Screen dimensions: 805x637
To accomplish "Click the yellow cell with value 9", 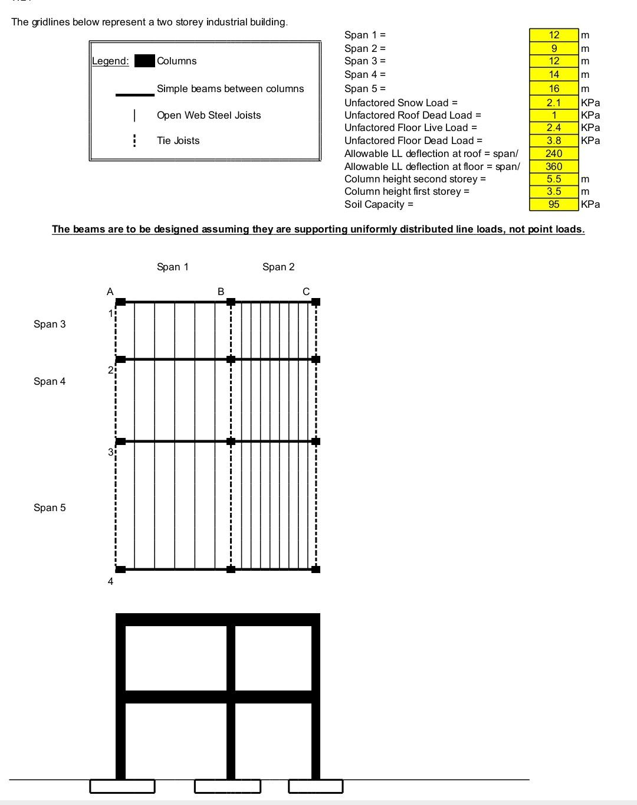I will (554, 48).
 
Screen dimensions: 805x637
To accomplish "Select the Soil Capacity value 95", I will (554, 204).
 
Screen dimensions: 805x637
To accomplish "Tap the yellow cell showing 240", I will (554, 153).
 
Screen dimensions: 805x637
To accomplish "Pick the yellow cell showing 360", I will (554, 166).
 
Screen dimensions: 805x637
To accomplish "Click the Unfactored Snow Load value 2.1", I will (554, 103).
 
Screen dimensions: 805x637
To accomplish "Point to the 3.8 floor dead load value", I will (554, 140).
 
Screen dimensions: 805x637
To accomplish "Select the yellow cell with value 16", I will (554, 89).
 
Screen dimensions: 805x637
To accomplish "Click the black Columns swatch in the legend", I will (145, 61).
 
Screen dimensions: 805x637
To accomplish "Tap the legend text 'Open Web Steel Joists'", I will (209, 115).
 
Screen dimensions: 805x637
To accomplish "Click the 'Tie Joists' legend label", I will (178, 140).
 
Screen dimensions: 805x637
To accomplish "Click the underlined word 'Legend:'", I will (110, 61).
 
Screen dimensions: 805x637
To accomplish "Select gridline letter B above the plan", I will (221, 291).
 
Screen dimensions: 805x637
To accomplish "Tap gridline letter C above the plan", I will (306, 291).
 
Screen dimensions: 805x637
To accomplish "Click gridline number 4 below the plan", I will (110, 581).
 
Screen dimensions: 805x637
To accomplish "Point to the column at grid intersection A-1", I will (120, 302).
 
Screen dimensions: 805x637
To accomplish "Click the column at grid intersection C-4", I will (316, 569).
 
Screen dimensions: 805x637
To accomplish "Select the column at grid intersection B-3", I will (231, 441).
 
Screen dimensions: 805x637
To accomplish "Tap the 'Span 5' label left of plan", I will (50, 508).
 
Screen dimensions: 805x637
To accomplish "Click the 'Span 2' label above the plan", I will (278, 267).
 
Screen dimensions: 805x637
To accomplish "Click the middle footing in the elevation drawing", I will (227, 786).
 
